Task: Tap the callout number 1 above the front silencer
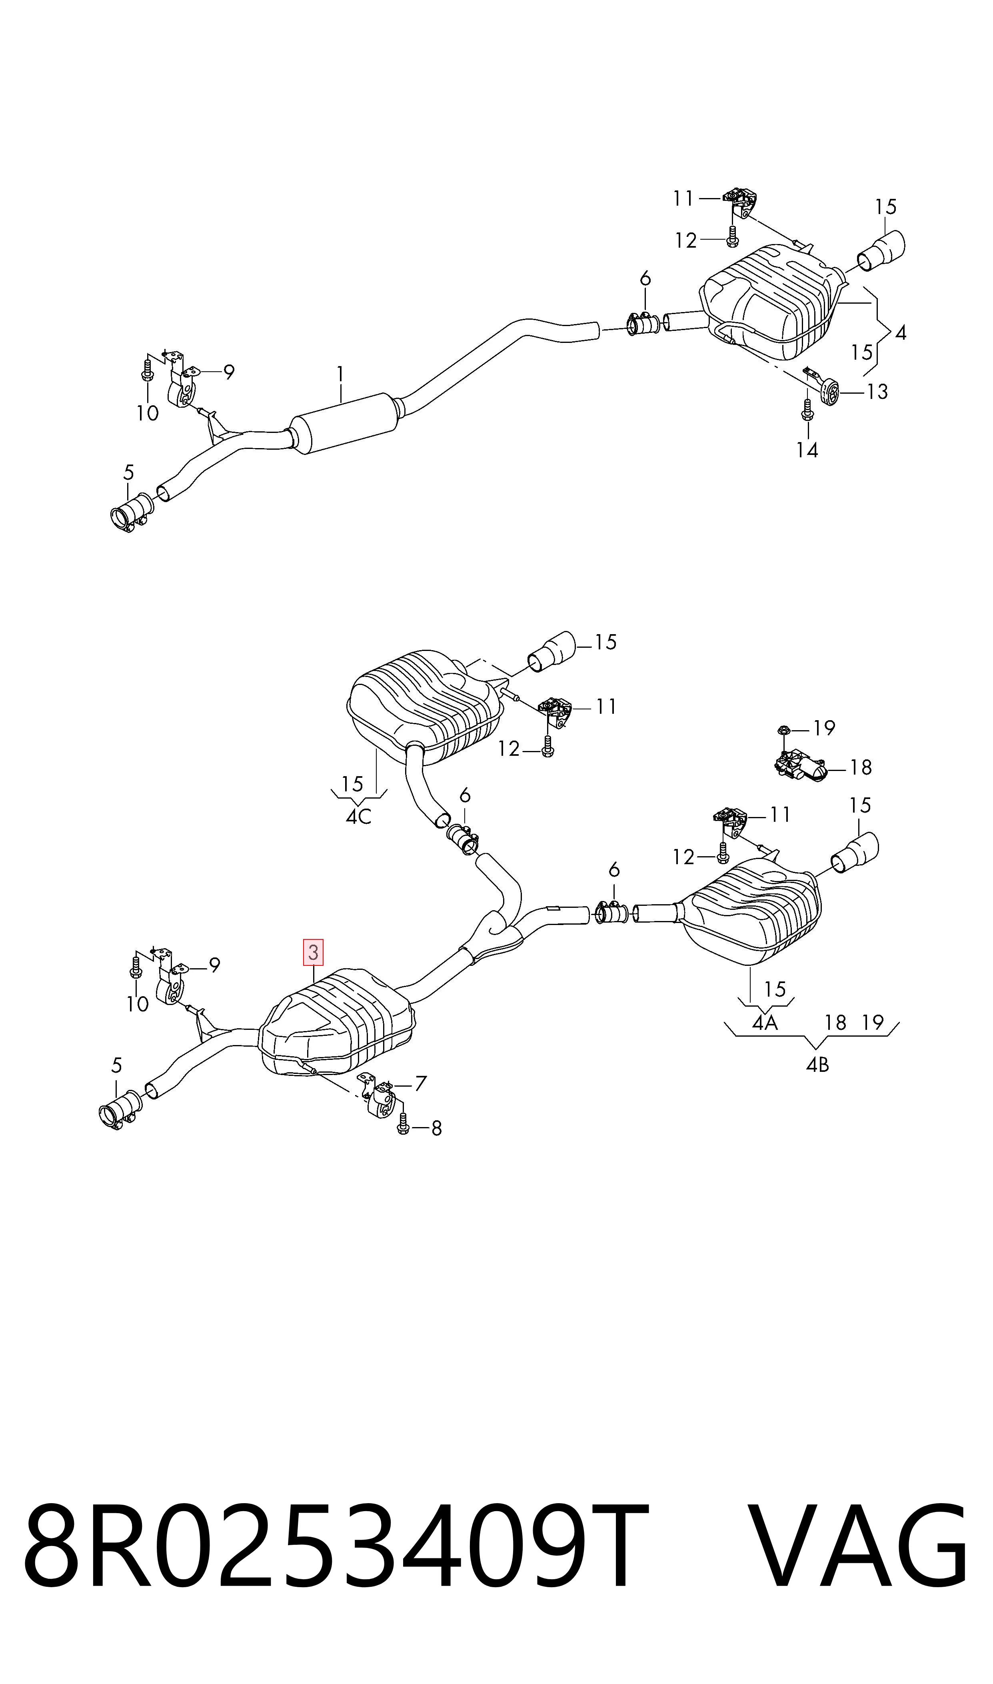pyautogui.click(x=340, y=374)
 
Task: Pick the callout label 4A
pyautogui.click(x=765, y=1022)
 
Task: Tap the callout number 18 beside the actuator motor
pyautogui.click(x=861, y=767)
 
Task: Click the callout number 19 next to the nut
pyautogui.click(x=824, y=727)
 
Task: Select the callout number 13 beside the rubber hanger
pyautogui.click(x=877, y=392)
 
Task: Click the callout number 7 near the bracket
pyautogui.click(x=420, y=1083)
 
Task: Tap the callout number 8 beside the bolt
pyautogui.click(x=436, y=1128)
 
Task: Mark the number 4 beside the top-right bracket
pyautogui.click(x=901, y=332)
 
